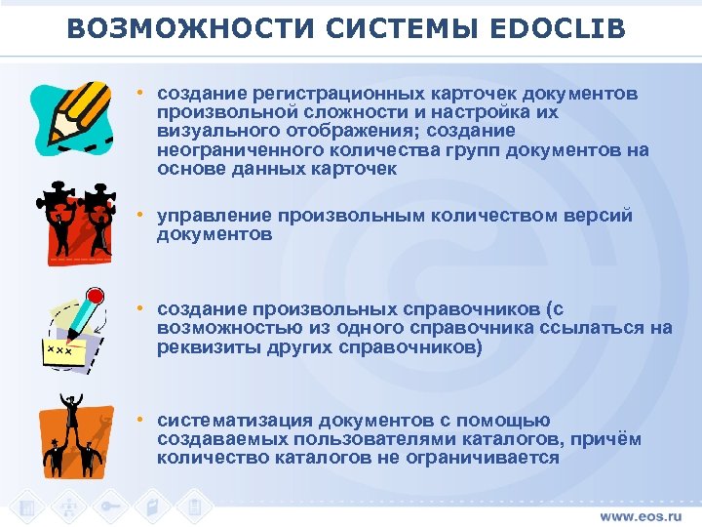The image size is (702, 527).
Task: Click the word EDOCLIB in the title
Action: (553, 29)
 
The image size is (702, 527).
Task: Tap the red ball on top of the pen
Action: (96, 294)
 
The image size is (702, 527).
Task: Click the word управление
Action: (214, 215)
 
